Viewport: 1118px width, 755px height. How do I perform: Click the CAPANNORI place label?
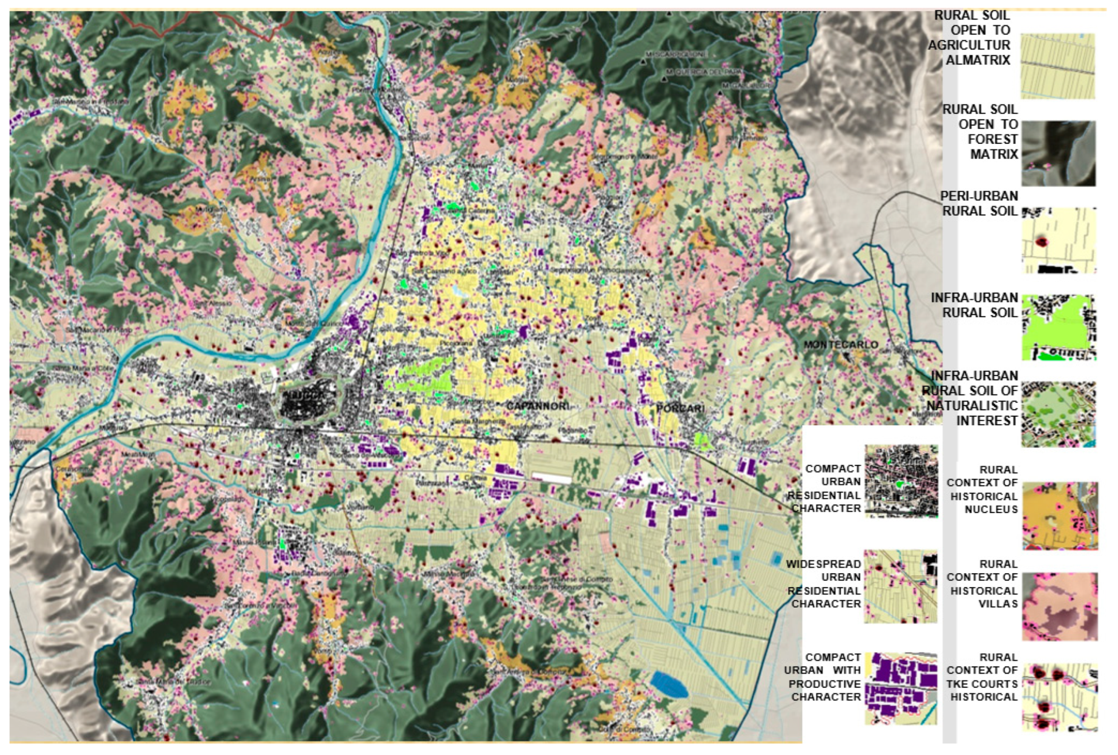[x=537, y=406]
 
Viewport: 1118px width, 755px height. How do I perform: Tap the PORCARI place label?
[x=680, y=409]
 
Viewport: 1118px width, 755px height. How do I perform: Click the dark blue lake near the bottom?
[x=669, y=685]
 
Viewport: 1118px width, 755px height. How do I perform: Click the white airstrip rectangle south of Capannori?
[x=551, y=478]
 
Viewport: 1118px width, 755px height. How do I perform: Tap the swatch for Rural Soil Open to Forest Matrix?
[x=1058, y=153]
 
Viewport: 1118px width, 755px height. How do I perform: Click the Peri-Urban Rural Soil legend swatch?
[x=1059, y=241]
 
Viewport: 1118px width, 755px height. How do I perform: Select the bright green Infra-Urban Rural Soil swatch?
[x=1059, y=327]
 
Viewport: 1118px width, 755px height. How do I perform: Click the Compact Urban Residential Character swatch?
[x=901, y=481]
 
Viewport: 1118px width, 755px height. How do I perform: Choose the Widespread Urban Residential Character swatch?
[x=901, y=587]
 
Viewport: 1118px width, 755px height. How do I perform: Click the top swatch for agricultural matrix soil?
[x=1057, y=66]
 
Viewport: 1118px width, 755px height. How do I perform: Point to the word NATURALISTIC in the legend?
[x=972, y=406]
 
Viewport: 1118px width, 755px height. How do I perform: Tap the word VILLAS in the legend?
[x=998, y=603]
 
